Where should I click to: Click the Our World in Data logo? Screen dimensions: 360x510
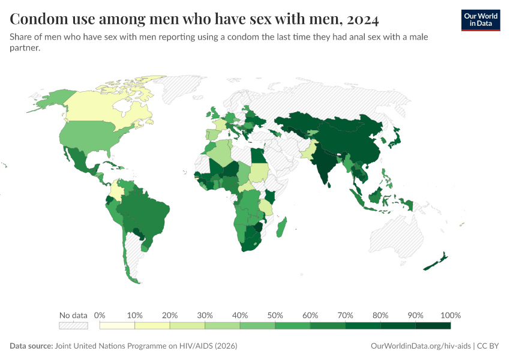480,20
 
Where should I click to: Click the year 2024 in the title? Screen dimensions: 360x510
362,20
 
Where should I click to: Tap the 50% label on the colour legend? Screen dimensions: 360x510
275,316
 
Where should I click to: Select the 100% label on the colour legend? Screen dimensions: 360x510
450,316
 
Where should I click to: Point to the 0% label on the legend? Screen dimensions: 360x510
100,316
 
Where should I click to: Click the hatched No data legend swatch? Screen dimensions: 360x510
73,326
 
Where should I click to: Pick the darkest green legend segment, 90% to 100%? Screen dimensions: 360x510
433,326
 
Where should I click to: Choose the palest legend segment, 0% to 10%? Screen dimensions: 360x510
117,326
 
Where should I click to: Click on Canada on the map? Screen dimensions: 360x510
102,108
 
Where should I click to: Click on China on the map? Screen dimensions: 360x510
354,141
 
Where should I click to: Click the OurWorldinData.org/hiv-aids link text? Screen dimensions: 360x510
421,346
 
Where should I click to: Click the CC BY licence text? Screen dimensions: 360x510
488,346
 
